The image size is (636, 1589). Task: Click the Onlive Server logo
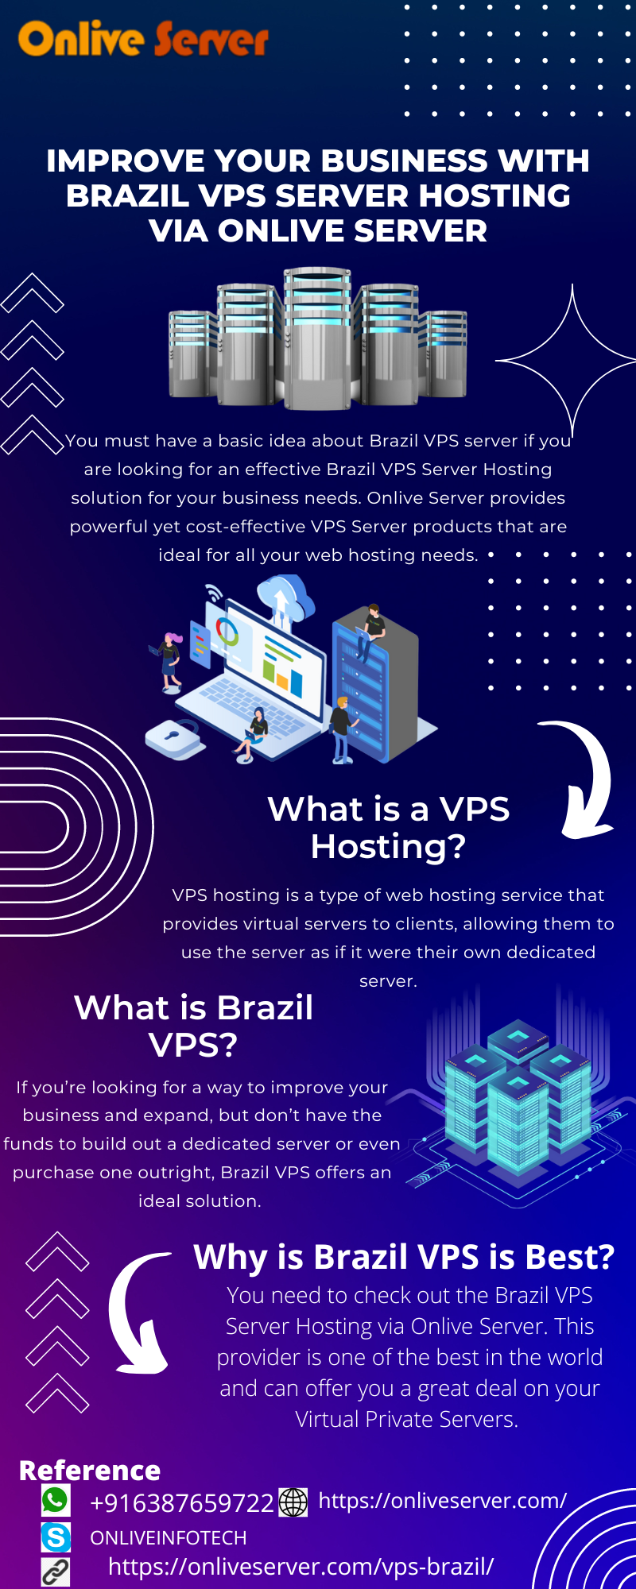(x=144, y=38)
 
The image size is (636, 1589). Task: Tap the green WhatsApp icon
(x=56, y=1501)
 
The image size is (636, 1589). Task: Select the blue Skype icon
(x=56, y=1537)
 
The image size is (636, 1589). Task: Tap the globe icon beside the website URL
(x=293, y=1502)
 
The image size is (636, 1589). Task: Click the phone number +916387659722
(x=182, y=1503)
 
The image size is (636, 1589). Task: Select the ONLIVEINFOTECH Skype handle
(x=169, y=1538)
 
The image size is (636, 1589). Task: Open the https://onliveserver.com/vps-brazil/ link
(x=301, y=1567)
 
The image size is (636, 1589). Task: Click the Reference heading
(x=90, y=1471)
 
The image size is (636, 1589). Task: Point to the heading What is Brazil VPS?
(x=194, y=1026)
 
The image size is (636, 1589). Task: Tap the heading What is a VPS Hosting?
(x=388, y=828)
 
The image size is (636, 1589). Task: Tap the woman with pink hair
(x=170, y=659)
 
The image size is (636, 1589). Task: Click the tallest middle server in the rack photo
(x=318, y=338)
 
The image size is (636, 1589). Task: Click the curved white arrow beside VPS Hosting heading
(x=585, y=779)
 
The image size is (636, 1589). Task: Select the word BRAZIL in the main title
(x=127, y=195)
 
